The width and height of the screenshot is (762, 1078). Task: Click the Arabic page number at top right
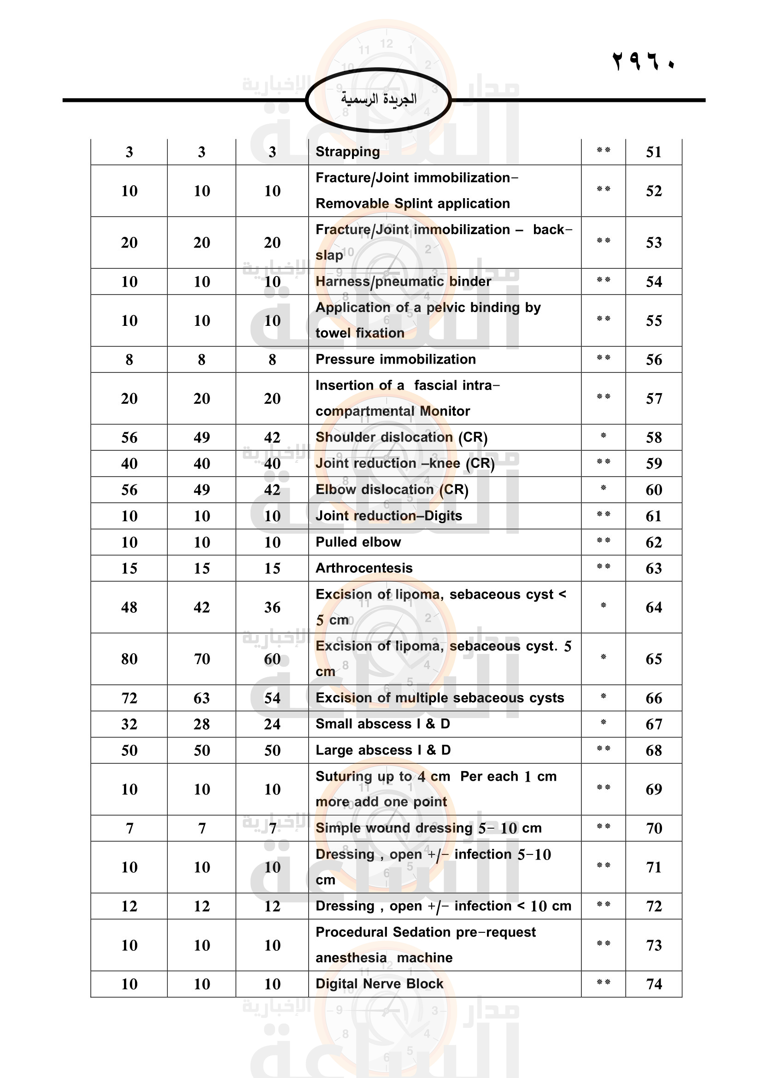tap(643, 61)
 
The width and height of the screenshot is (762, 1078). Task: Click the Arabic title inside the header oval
tap(378, 99)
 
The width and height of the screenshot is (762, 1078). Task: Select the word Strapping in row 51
tap(347, 152)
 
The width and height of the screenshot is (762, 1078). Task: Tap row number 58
tap(654, 437)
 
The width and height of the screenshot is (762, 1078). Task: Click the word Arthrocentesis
tap(363, 568)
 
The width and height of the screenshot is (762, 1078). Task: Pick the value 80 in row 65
tap(129, 659)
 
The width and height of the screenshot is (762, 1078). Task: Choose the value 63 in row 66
tap(202, 698)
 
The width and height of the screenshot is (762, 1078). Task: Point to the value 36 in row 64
tap(272, 607)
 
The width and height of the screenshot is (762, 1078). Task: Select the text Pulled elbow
tap(358, 542)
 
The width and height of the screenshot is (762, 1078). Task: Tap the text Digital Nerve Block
tap(379, 984)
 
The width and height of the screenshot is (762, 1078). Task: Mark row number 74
tap(654, 984)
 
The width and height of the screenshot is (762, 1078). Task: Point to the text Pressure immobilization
tap(396, 359)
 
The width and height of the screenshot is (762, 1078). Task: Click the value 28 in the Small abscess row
tap(202, 724)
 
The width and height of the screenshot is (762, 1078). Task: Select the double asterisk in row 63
tap(604, 567)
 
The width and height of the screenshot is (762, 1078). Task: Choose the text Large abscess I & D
tap(383, 750)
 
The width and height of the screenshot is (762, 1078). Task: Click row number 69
tap(654, 789)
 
